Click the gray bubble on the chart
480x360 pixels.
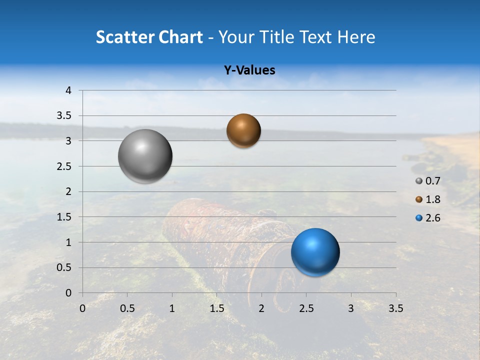click(145, 156)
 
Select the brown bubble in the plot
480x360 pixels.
click(243, 130)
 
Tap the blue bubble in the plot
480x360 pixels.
click(315, 252)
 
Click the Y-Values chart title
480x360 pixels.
click(249, 70)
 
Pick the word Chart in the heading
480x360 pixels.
click(180, 37)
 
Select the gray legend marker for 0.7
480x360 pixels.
click(419, 181)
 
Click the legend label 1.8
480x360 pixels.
click(432, 199)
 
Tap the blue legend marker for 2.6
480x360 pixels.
click(419, 218)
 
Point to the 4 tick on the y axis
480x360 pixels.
click(68, 90)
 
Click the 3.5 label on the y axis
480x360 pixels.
click(64, 116)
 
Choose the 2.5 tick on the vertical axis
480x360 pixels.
click(64, 166)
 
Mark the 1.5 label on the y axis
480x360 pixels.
click(64, 217)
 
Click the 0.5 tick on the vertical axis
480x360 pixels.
click(64, 267)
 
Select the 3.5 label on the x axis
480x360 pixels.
click(395, 308)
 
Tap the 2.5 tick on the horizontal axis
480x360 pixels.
click(306, 308)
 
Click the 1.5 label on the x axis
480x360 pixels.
click(216, 308)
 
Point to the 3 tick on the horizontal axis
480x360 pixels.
click(350, 308)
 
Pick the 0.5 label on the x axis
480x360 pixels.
click(127, 308)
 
